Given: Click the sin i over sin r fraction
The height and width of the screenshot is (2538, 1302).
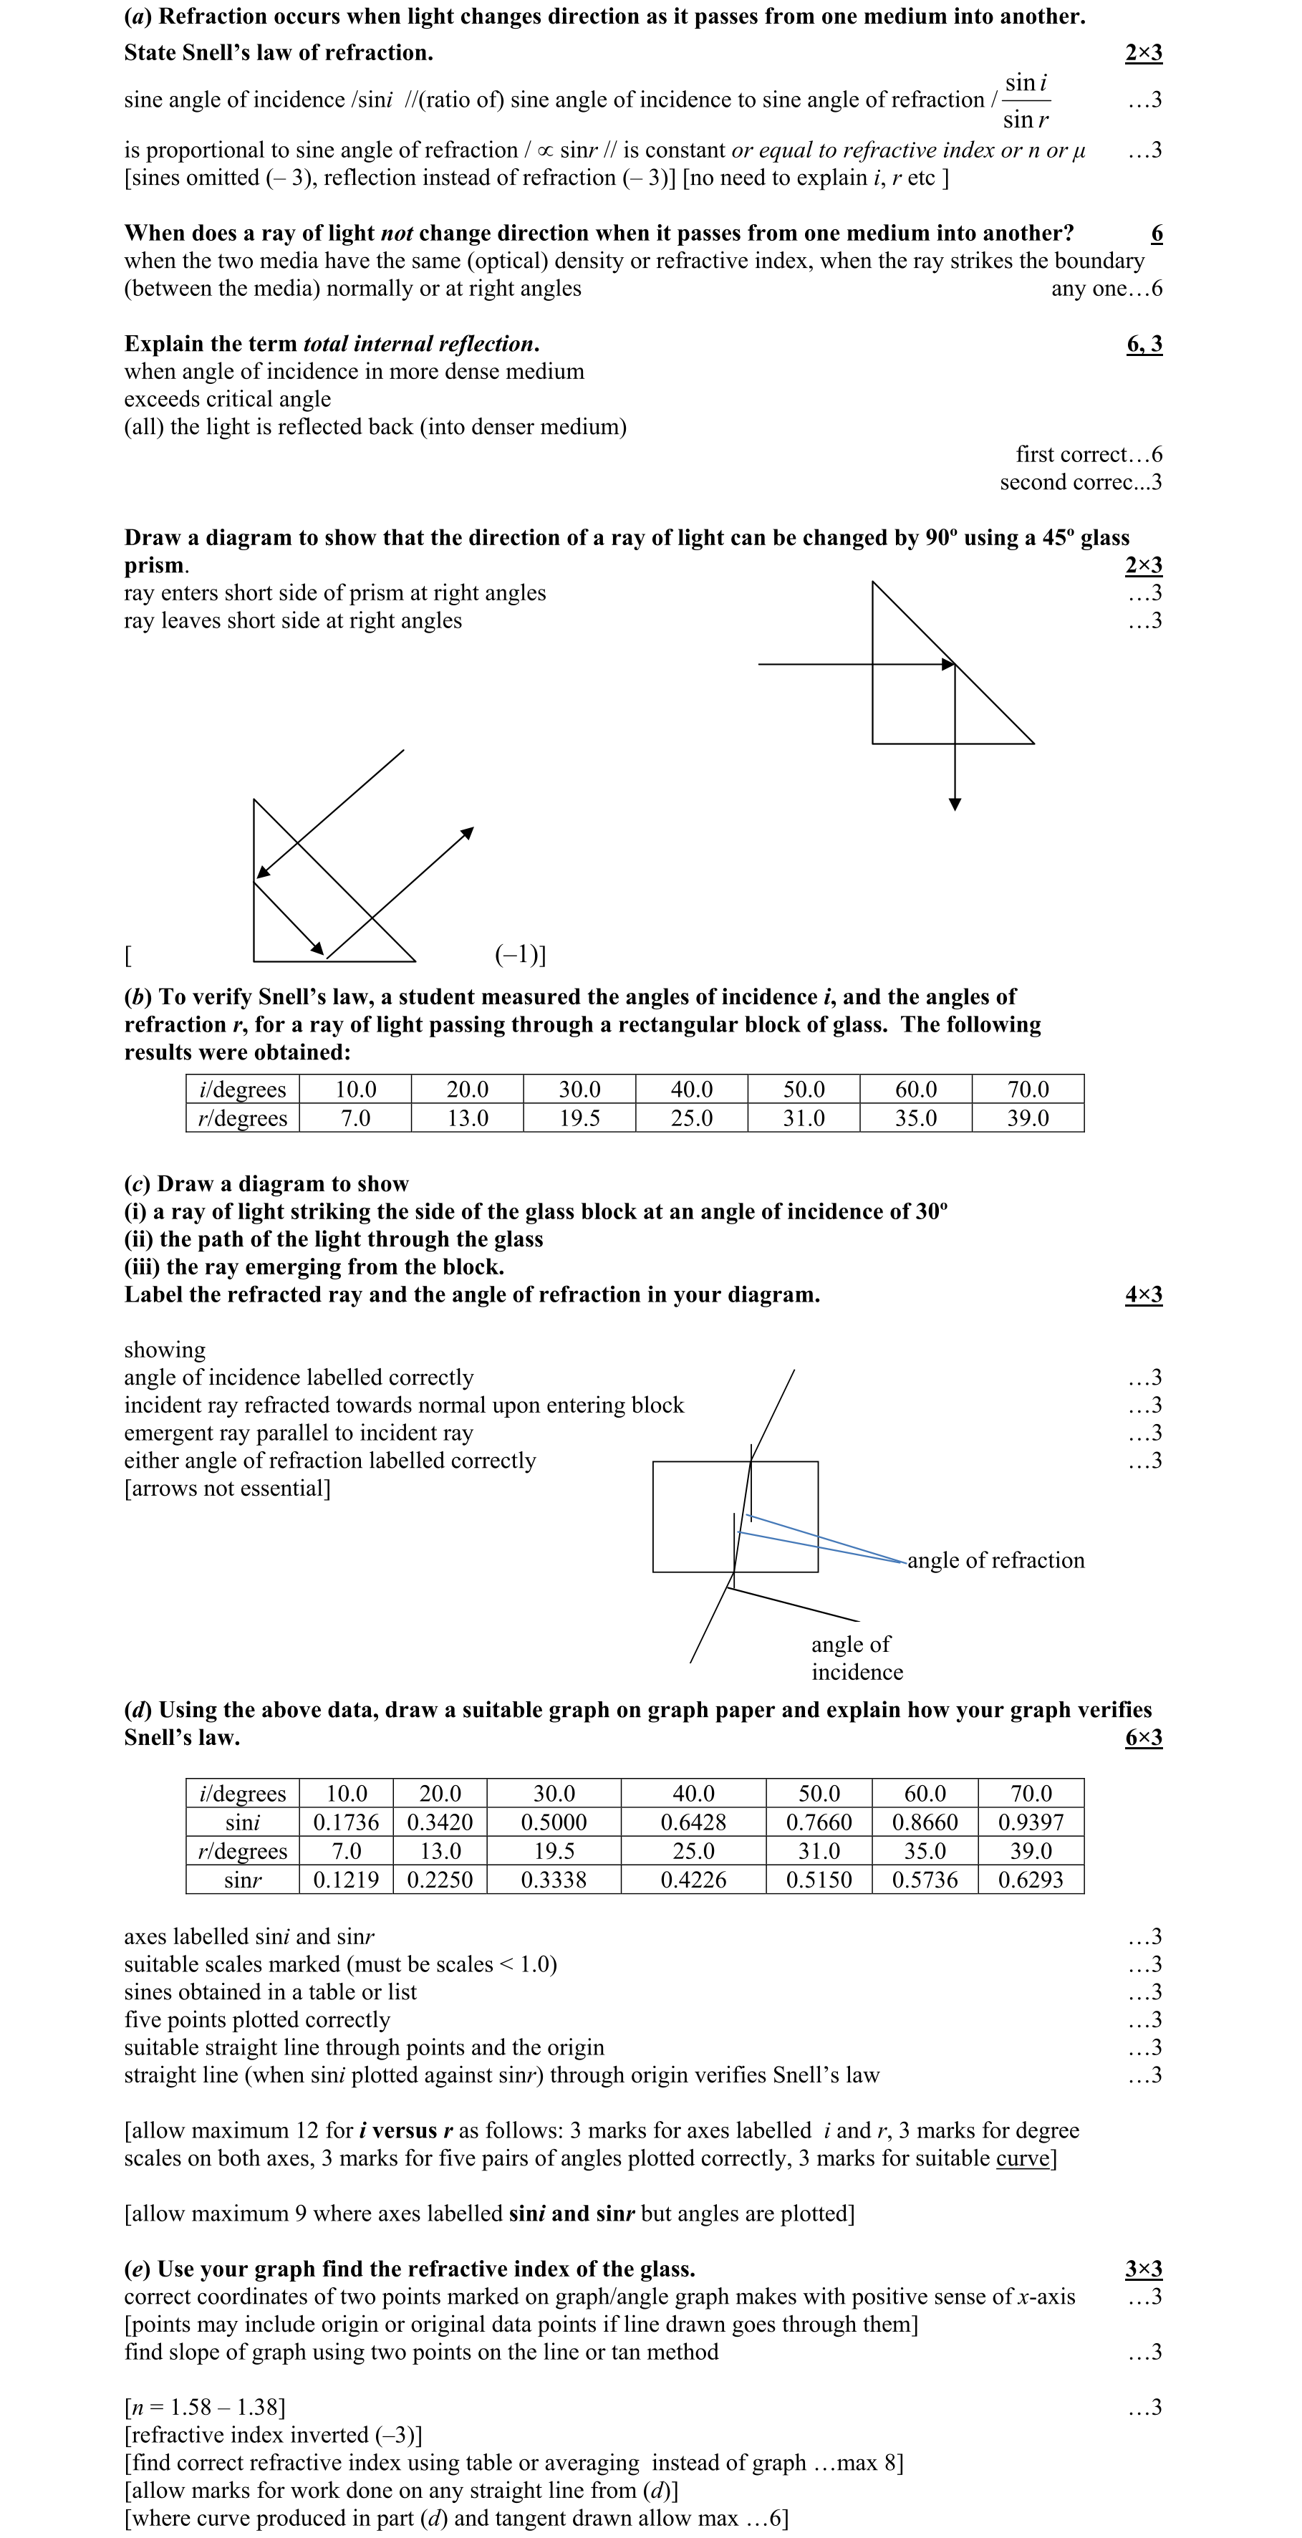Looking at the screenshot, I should tap(1026, 100).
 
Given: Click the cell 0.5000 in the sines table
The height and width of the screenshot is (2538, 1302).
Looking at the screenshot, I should tap(554, 1822).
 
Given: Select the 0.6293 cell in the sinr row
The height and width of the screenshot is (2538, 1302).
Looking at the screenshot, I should tap(1030, 1879).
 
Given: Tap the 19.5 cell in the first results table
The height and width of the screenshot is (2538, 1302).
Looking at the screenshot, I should tap(579, 1118).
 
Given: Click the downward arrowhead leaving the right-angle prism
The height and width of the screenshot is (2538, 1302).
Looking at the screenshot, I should tap(955, 804).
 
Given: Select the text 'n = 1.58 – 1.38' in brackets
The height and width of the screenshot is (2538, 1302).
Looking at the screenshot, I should tap(205, 2407).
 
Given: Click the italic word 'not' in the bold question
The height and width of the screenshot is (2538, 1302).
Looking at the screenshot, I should tap(396, 233).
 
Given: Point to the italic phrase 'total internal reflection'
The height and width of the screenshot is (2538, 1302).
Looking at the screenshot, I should tap(418, 344).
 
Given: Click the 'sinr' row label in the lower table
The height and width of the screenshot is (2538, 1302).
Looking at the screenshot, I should tap(242, 1879).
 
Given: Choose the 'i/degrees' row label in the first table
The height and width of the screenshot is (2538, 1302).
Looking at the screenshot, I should tap(242, 1089).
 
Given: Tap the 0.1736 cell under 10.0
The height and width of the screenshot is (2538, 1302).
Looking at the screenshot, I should tap(346, 1822).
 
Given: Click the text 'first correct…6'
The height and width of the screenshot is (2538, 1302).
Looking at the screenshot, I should tap(1089, 454).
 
